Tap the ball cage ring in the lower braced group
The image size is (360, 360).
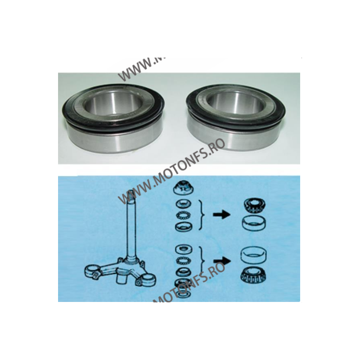tap(184, 261)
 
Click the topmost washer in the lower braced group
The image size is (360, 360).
tap(184, 249)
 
